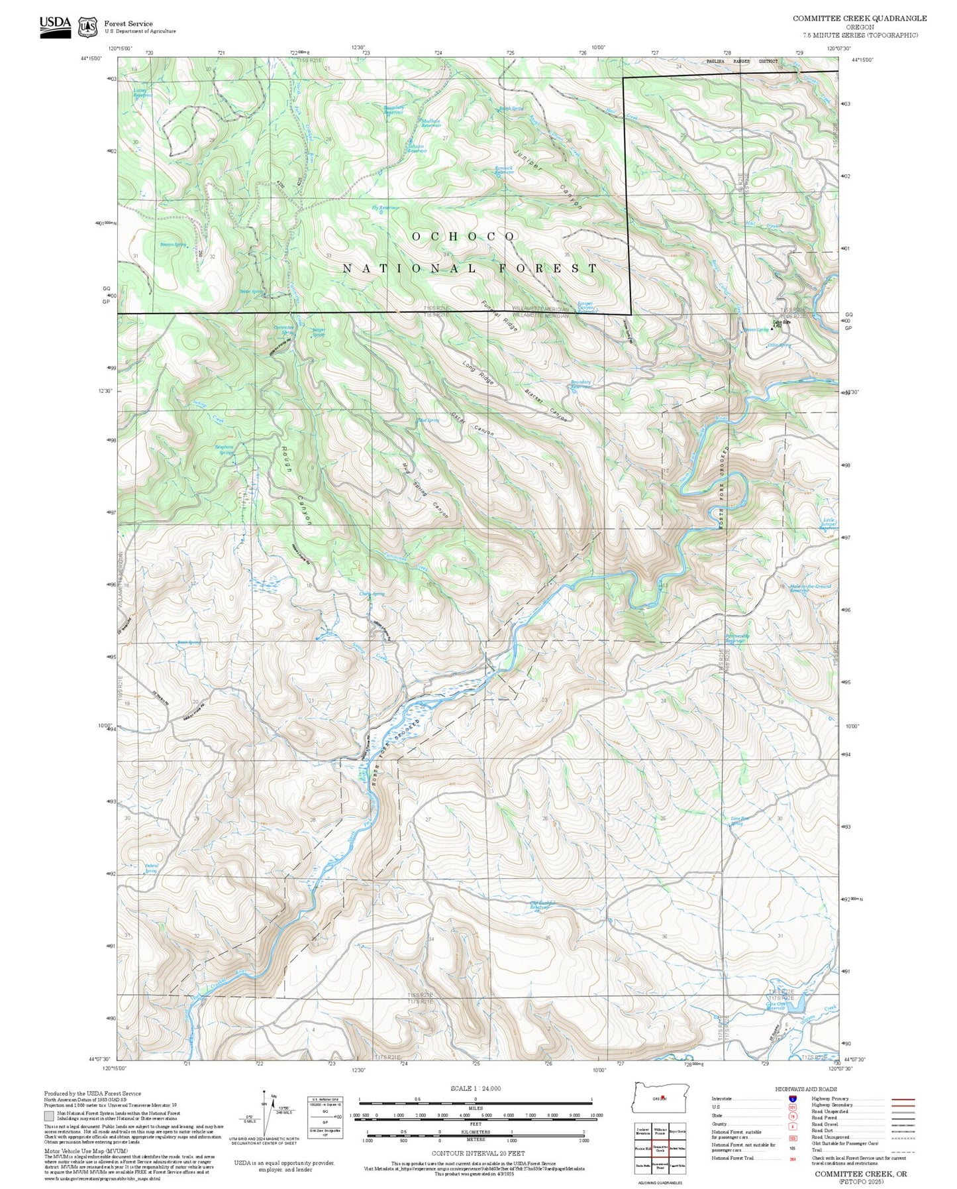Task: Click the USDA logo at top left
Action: tap(55, 27)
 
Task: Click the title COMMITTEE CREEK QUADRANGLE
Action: tap(860, 19)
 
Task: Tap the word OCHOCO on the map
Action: tap(464, 237)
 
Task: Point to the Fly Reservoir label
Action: tap(385, 209)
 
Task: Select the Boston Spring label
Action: tap(173, 245)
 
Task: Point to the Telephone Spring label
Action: tap(225, 449)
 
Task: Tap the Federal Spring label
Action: tap(151, 868)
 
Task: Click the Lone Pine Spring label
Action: tap(740, 821)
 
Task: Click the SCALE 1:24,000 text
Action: tap(475, 1088)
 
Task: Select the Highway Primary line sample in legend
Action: tap(903, 1099)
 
